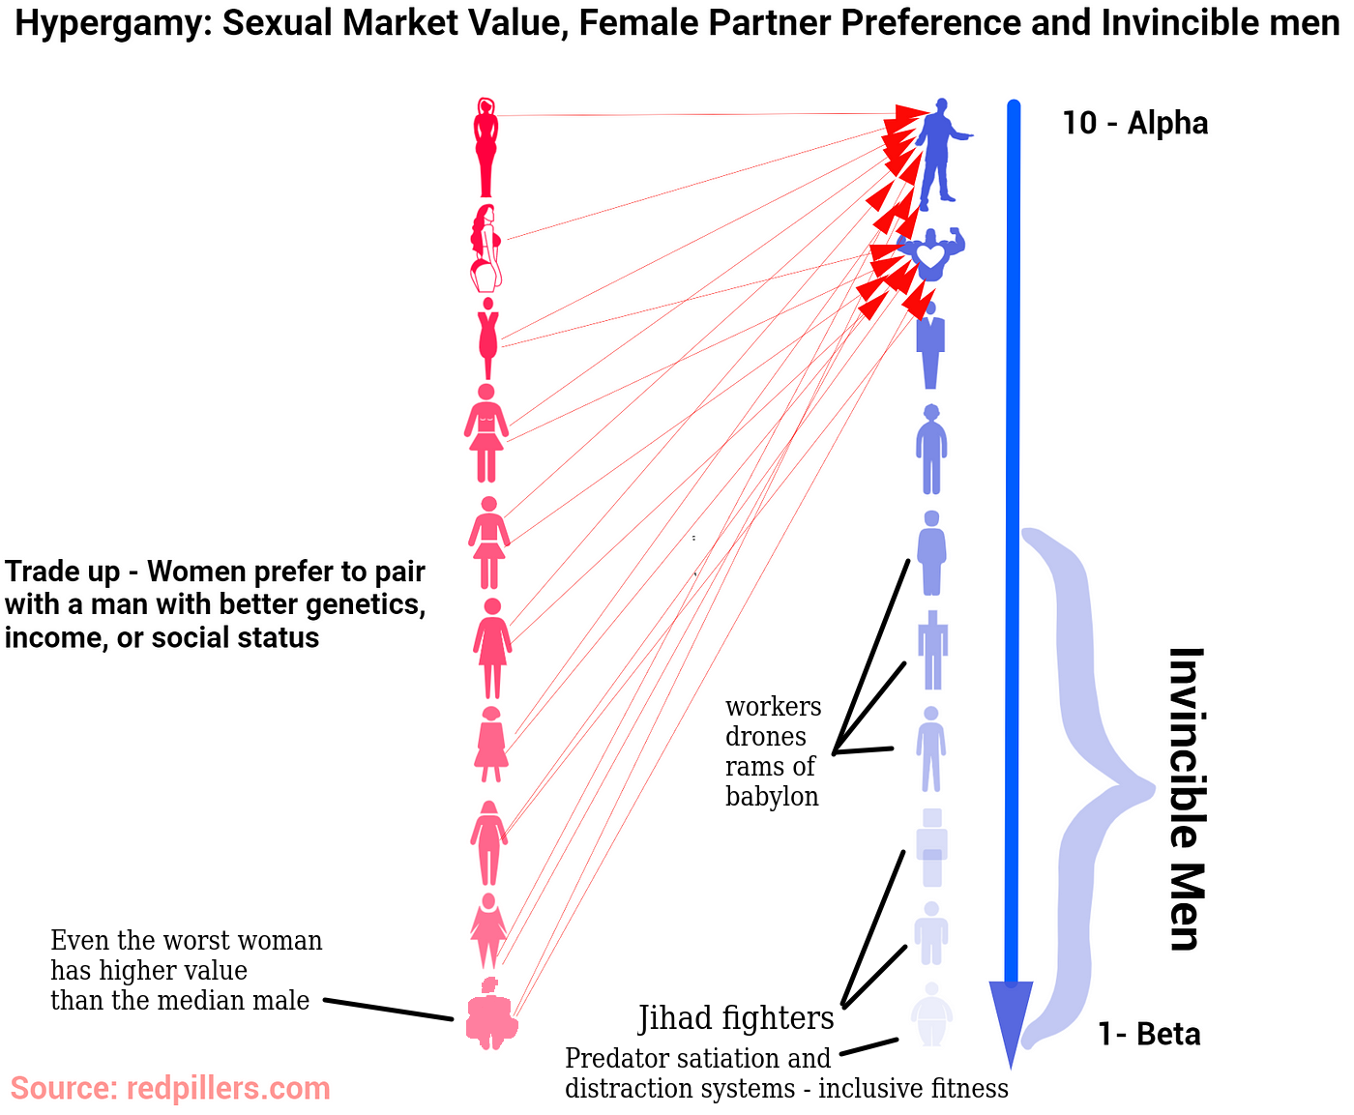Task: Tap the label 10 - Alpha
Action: (x=1134, y=123)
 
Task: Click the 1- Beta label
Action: (x=1149, y=1034)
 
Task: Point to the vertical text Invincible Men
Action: (x=1186, y=799)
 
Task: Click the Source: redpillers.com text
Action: (x=170, y=1088)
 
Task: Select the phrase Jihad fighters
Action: (x=736, y=1018)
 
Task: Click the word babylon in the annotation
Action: (x=772, y=796)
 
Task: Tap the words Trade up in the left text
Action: (x=61, y=572)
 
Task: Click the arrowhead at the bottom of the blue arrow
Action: (x=1011, y=1020)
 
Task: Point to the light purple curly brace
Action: (x=1088, y=788)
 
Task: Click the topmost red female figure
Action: (x=486, y=147)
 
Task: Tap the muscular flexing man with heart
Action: (x=930, y=254)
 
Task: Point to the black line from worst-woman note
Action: (x=388, y=1010)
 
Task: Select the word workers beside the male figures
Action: (x=773, y=706)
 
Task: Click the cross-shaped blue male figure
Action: (x=932, y=649)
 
